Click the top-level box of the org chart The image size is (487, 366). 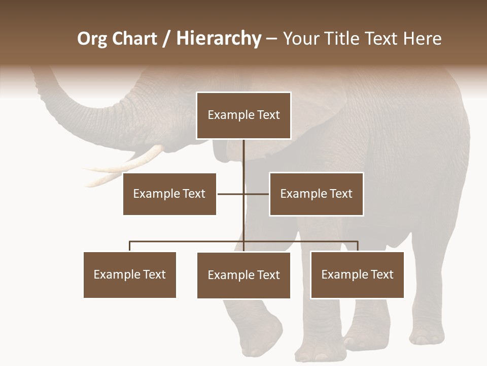(x=243, y=115)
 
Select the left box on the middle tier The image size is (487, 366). (x=169, y=194)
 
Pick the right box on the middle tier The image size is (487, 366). (x=316, y=194)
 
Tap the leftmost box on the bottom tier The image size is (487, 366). (x=130, y=274)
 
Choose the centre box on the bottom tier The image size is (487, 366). (x=243, y=275)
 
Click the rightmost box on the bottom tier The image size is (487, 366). (x=357, y=274)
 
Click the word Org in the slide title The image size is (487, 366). (x=91, y=39)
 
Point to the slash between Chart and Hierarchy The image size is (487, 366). (x=166, y=39)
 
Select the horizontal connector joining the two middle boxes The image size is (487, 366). (x=231, y=194)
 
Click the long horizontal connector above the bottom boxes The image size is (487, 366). (x=188, y=241)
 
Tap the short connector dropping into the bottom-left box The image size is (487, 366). (x=130, y=247)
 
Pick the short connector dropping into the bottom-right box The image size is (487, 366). (x=358, y=247)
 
